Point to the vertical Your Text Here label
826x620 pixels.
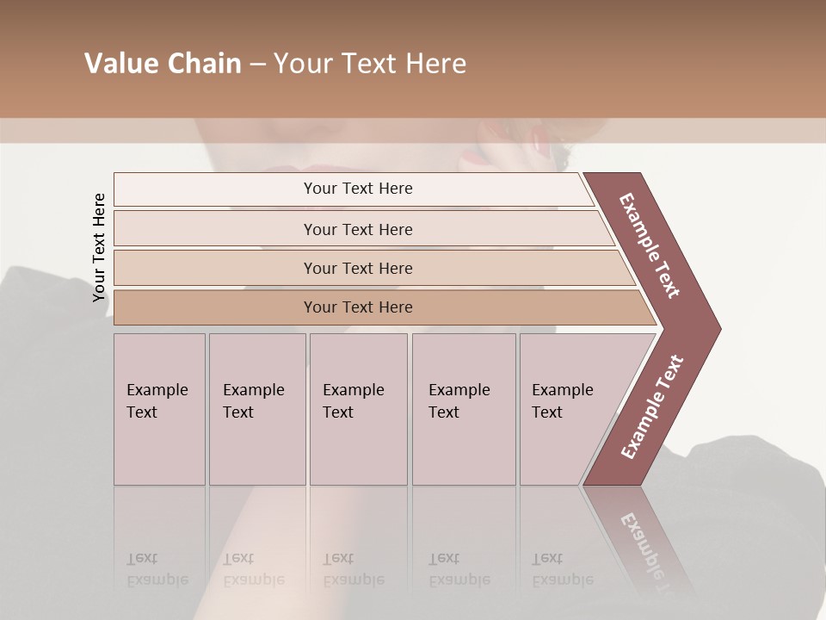click(99, 248)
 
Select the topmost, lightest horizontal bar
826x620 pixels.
click(357, 189)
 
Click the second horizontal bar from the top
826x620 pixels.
click(357, 229)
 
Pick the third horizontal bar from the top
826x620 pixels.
click(357, 268)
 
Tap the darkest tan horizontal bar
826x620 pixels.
click(357, 307)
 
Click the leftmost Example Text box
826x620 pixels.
click(159, 409)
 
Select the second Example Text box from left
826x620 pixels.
click(256, 409)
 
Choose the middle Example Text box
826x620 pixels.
click(358, 409)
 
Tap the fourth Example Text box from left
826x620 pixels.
click(463, 409)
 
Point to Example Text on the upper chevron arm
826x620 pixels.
click(650, 245)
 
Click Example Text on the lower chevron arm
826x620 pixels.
click(652, 406)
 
